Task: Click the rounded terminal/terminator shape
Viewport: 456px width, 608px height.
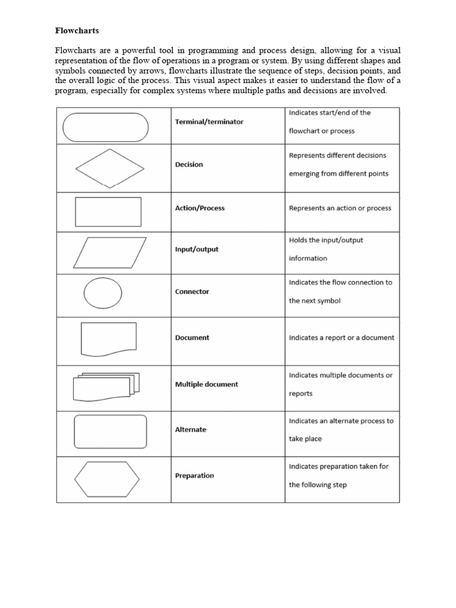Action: [105, 127]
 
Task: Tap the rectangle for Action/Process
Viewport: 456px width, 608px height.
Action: [108, 212]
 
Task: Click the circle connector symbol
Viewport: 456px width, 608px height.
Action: [103, 293]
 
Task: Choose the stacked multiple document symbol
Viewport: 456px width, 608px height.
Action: [105, 387]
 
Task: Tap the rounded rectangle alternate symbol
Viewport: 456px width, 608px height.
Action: [110, 431]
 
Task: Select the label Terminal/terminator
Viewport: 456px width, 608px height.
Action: [209, 122]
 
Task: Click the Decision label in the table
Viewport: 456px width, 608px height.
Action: [189, 164]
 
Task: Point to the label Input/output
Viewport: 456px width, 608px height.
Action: [197, 249]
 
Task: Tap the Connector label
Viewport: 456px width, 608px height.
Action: [192, 292]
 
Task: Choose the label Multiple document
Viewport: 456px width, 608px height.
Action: [206, 384]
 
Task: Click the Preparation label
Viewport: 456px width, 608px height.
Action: [194, 476]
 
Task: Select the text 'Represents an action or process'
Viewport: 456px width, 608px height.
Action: [340, 208]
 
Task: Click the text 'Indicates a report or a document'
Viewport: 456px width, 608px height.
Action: [341, 338]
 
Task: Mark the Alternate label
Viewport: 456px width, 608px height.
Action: [191, 429]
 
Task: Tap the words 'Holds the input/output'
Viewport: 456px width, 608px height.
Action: [326, 240]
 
